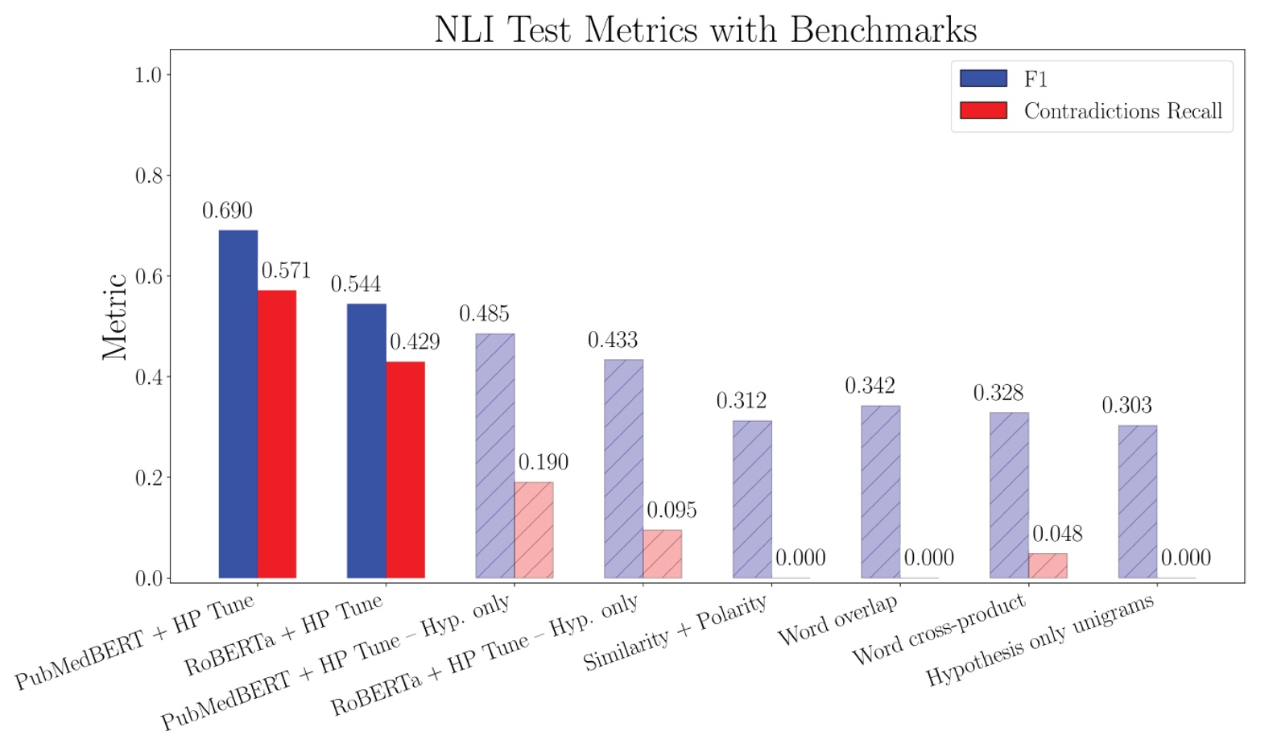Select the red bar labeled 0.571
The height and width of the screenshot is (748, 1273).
(x=277, y=434)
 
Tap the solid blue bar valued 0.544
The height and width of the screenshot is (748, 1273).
(x=366, y=440)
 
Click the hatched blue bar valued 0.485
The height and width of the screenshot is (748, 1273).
(x=495, y=456)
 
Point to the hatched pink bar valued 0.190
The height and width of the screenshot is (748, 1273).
(x=534, y=530)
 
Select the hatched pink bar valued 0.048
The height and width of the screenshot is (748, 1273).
(x=1048, y=565)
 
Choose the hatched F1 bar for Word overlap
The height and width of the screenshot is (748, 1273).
(x=881, y=491)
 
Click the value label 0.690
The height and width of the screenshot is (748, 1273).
(x=227, y=211)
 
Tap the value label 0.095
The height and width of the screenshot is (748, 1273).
(x=672, y=510)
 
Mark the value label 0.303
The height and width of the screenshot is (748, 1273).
(x=1126, y=406)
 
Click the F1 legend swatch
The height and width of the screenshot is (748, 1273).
(x=983, y=78)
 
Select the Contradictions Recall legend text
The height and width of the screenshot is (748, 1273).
(x=1122, y=111)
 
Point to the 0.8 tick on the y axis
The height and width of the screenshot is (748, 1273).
(x=148, y=176)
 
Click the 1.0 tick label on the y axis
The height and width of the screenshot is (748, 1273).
(x=148, y=75)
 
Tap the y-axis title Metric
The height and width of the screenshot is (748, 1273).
(x=115, y=316)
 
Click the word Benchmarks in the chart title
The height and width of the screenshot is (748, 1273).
(x=882, y=30)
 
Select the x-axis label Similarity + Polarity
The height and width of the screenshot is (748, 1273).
(x=675, y=634)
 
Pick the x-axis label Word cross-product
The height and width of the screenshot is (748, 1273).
(x=939, y=630)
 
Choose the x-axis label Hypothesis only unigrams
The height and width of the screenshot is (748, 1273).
(x=1039, y=640)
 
